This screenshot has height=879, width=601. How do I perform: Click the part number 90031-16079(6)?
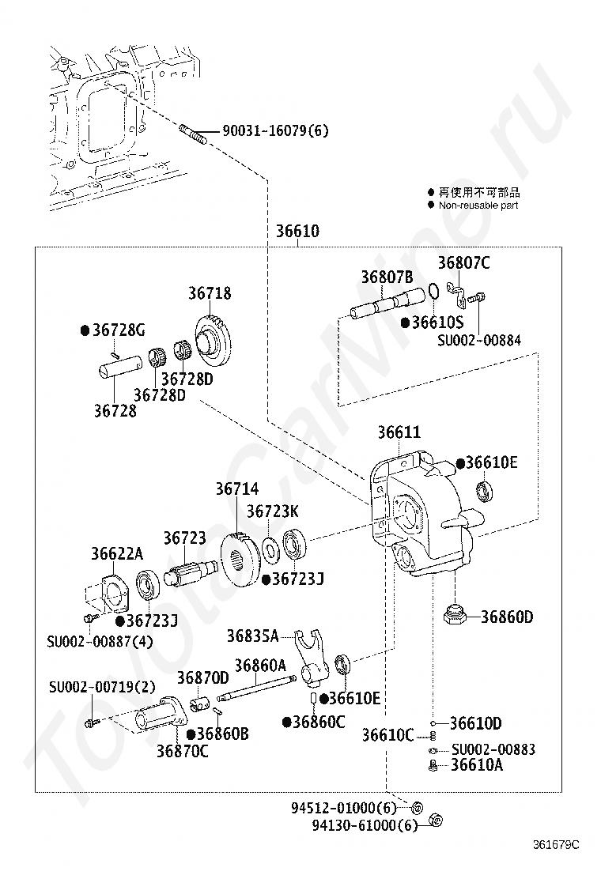[275, 131]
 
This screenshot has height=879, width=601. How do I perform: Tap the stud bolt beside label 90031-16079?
[193, 134]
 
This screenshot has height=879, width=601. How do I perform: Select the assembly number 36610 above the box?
[297, 231]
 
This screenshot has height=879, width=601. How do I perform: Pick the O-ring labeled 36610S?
[433, 292]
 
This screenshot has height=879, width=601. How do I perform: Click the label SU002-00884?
[478, 340]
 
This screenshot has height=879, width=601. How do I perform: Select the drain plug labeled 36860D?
[455, 616]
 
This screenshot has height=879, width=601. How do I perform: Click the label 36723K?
[273, 511]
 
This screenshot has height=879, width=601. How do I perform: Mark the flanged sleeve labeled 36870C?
[159, 715]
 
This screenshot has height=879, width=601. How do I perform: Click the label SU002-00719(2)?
[102, 687]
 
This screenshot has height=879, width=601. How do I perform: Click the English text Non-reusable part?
[478, 206]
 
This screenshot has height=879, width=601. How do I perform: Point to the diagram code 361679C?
[556, 845]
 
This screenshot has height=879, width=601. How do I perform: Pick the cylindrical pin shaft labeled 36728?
[119, 368]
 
